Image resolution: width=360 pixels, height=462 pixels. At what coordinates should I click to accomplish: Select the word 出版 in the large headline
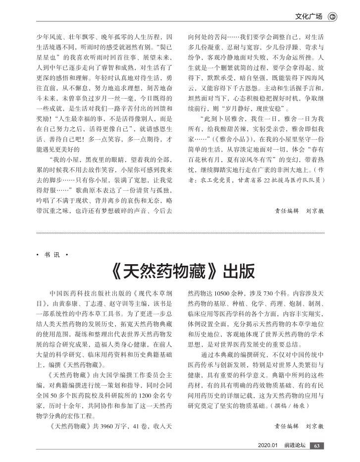[x=240, y=272]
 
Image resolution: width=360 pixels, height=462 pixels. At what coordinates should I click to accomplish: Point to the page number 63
[x=318, y=446]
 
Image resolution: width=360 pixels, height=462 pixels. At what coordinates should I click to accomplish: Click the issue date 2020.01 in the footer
[x=270, y=446]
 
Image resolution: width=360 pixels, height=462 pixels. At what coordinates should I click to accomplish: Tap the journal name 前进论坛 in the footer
[x=295, y=446]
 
